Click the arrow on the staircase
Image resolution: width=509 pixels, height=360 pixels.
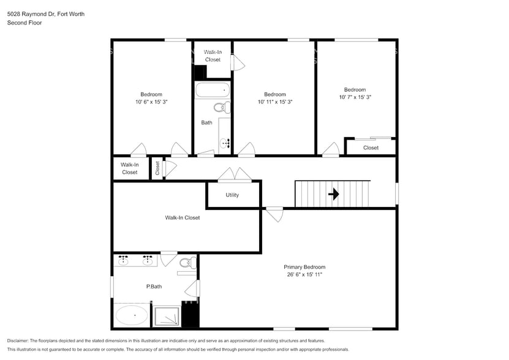point(334,195)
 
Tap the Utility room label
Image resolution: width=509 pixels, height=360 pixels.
point(232,195)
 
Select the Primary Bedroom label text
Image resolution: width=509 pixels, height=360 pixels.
point(304,267)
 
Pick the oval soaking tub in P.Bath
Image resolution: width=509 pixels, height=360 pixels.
point(132,316)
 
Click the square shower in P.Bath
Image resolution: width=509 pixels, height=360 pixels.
point(167,316)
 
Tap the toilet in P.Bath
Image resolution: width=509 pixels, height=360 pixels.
point(187,263)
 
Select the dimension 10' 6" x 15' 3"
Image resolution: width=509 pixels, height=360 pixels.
point(151,102)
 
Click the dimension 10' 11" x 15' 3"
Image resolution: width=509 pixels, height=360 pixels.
point(275,102)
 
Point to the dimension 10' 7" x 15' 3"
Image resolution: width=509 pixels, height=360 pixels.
point(355,97)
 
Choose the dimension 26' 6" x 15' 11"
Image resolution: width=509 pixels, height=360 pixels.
point(304,275)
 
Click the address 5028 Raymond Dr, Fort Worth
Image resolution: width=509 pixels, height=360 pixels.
point(46,13)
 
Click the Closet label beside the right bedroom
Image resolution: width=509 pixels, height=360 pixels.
point(371,148)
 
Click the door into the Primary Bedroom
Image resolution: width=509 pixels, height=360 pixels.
point(274,214)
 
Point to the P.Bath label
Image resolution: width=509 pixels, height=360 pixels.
point(154,287)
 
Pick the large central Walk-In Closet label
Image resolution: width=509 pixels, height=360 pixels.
point(182,217)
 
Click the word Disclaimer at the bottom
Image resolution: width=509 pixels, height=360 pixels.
point(21,340)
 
